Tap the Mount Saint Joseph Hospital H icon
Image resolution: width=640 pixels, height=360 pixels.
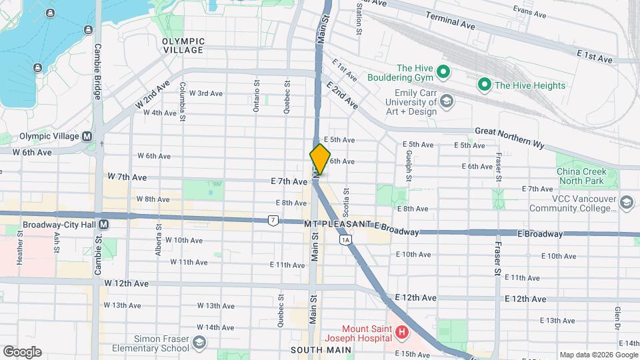[401, 331]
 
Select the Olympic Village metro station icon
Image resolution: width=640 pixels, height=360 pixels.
[87, 136]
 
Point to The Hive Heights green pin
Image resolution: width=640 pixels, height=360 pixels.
[484, 85]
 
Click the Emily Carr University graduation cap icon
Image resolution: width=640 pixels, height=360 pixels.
[447, 101]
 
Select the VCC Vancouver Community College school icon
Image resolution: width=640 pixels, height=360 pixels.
[626, 202]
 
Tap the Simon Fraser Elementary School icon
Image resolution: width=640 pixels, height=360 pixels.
[199, 343]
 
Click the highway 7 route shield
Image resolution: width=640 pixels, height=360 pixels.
[273, 220]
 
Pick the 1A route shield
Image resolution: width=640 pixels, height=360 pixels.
[345, 239]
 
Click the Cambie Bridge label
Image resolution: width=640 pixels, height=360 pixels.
[97, 72]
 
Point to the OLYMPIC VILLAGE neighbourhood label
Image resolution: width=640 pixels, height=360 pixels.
[183, 45]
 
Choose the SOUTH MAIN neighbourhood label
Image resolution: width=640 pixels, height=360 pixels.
[316, 349]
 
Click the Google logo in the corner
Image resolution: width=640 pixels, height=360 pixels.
[22, 352]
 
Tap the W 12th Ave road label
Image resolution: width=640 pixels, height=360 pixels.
[127, 283]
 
